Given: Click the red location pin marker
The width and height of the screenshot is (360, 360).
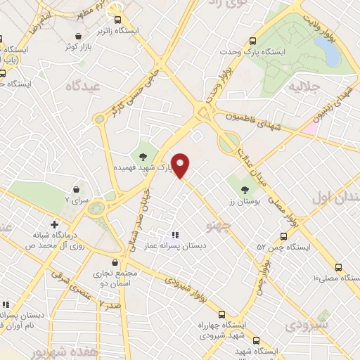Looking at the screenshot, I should point(181,165).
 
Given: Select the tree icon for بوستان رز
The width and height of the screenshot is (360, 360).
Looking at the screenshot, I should point(245,189).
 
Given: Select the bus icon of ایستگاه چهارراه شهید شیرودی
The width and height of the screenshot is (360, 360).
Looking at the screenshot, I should point(221,314).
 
